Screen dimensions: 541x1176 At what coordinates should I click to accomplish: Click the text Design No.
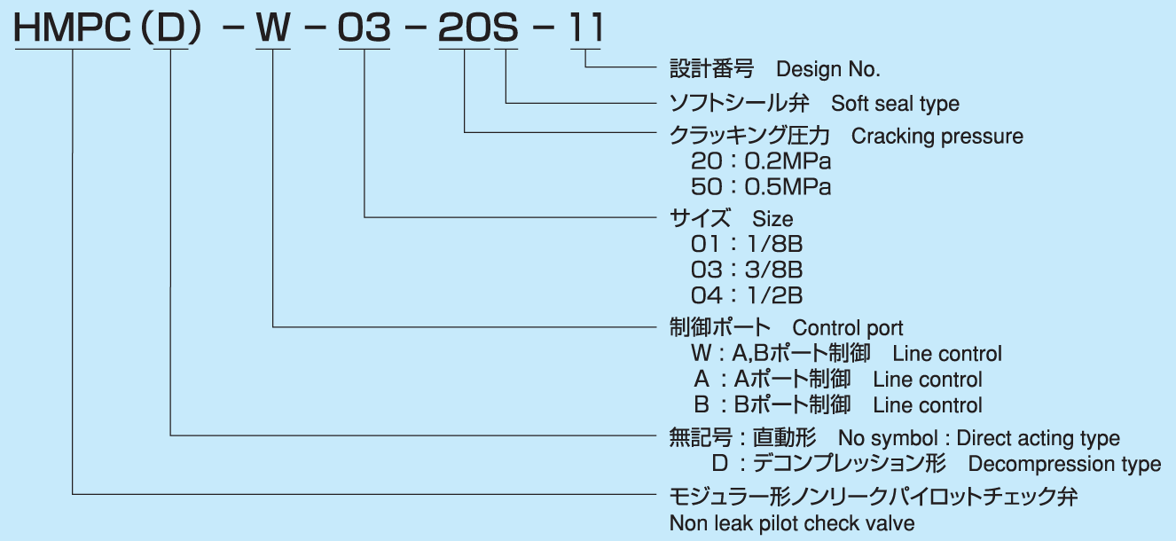click(827, 69)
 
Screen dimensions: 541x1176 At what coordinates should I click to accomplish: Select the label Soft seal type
click(895, 104)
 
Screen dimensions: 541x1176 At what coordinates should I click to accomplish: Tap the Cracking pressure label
click(937, 137)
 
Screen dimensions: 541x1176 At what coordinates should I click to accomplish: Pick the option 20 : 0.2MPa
click(761, 162)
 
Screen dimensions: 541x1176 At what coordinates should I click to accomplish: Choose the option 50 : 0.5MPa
click(761, 188)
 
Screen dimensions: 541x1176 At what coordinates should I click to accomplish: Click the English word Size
click(772, 219)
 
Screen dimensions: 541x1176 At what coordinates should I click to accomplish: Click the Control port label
click(848, 328)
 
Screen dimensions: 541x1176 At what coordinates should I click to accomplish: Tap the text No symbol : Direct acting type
click(979, 438)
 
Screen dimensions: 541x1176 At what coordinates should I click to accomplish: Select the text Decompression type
click(1063, 464)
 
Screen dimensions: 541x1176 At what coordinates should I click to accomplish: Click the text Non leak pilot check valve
click(792, 523)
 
